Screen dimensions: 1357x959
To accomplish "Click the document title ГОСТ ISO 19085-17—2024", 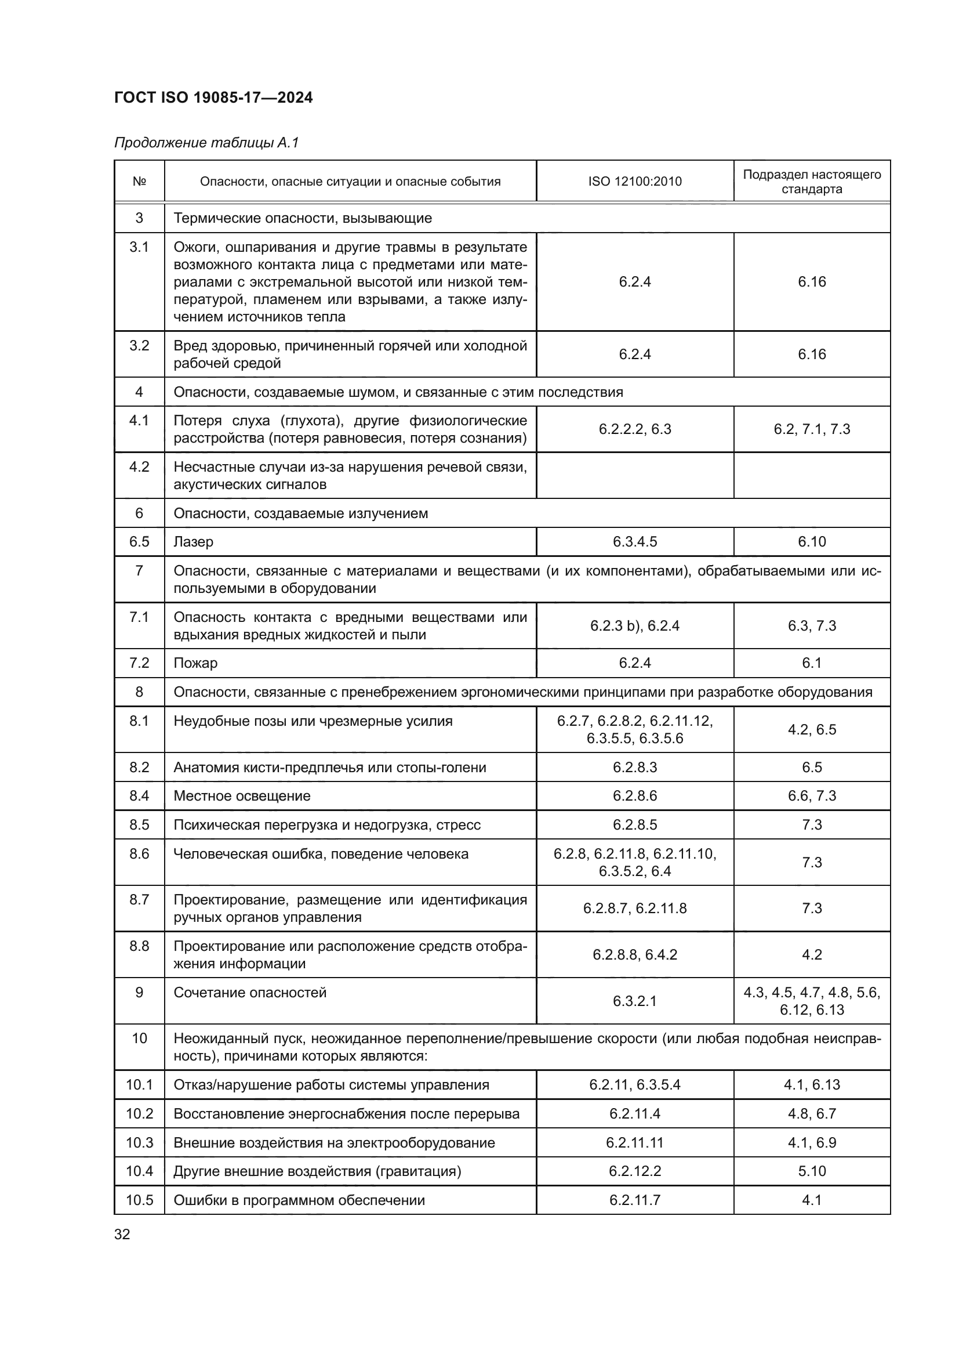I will pyautogui.click(x=213, y=97).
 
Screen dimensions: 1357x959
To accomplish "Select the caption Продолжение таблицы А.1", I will pyautogui.click(x=206, y=143).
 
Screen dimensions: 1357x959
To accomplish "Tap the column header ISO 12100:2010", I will pyautogui.click(x=635, y=182).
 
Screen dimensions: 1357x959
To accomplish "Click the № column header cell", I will pyautogui.click(x=139, y=182).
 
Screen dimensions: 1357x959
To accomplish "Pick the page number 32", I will pyautogui.click(x=122, y=1234).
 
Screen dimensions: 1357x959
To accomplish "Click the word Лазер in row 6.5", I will pyautogui.click(x=194, y=542).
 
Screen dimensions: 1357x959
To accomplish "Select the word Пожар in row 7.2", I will pyautogui.click(x=195, y=663).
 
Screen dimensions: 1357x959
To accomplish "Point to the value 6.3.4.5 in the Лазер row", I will pyautogui.click(x=635, y=542).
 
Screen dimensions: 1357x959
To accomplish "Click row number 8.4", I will pyautogui.click(x=139, y=795).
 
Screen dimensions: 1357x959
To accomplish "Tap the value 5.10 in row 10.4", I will pyautogui.click(x=812, y=1171).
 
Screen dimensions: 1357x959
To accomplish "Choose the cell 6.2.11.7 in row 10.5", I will pyautogui.click(x=635, y=1200).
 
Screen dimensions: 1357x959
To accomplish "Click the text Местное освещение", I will pyautogui.click(x=242, y=795).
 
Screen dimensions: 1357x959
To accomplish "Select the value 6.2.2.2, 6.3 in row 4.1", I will pyautogui.click(x=635, y=429).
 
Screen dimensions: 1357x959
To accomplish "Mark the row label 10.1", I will pyautogui.click(x=139, y=1084).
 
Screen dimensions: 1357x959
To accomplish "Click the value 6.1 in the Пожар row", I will pyautogui.click(x=812, y=663).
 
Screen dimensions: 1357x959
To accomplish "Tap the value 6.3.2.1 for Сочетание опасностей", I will pyautogui.click(x=635, y=1001).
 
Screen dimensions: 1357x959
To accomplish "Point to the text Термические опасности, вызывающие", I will pyautogui.click(x=303, y=218).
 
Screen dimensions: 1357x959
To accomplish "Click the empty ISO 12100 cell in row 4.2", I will pyautogui.click(x=635, y=475).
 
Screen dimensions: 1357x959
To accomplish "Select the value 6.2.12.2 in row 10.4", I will pyautogui.click(x=635, y=1171).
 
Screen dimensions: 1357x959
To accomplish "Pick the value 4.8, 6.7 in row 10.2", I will pyautogui.click(x=812, y=1113).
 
